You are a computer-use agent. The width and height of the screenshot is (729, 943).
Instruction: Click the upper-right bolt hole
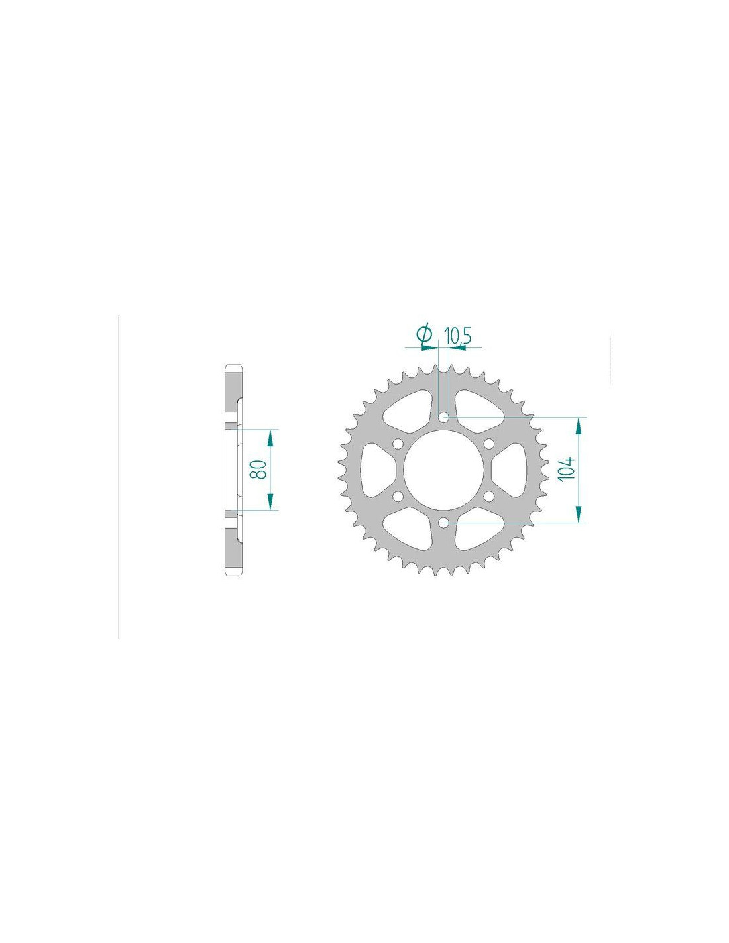click(x=488, y=444)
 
